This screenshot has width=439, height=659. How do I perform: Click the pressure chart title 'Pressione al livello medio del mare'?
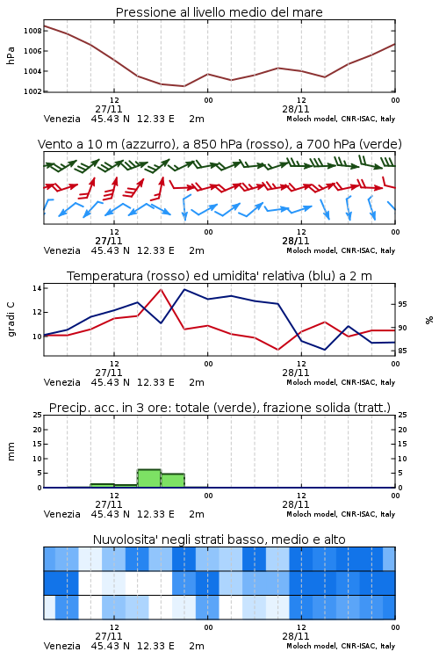(x=219, y=12)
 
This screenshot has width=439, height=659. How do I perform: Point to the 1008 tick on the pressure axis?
(x=32, y=31)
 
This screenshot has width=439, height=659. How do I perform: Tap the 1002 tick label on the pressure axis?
(x=32, y=91)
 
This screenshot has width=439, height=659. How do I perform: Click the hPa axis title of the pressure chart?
(x=11, y=55)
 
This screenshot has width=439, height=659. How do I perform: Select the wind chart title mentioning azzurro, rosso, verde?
(x=219, y=144)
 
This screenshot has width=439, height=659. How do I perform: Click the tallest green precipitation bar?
(x=149, y=478)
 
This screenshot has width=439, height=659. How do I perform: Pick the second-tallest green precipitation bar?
(x=173, y=481)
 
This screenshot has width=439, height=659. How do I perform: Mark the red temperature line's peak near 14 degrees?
(x=161, y=289)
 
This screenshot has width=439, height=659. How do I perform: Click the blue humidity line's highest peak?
(x=184, y=289)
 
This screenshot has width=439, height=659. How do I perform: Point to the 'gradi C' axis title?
(x=11, y=320)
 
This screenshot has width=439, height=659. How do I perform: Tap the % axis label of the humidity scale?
(x=429, y=320)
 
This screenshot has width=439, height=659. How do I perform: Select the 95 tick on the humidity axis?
(x=402, y=304)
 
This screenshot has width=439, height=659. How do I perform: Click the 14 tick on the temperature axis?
(x=37, y=288)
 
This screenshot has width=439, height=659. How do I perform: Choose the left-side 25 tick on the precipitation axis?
(x=38, y=416)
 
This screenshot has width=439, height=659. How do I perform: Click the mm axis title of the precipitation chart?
(x=11, y=452)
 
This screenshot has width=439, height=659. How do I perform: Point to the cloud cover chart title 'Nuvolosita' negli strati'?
(x=219, y=540)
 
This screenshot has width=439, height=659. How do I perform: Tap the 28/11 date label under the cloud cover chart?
(x=296, y=636)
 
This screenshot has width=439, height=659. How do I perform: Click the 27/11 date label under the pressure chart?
(x=109, y=109)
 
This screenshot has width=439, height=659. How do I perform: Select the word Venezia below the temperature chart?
(x=62, y=382)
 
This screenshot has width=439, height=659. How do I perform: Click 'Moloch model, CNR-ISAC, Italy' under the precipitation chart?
(x=341, y=514)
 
